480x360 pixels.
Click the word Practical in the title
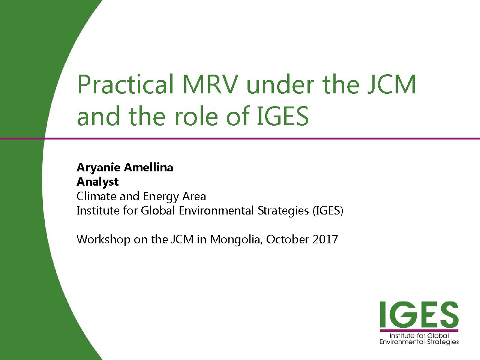pyautogui.click(x=126, y=84)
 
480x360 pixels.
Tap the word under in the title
pyautogui.click(x=280, y=84)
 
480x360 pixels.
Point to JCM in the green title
pyautogui.click(x=391, y=84)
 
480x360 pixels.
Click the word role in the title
pyautogui.click(x=196, y=116)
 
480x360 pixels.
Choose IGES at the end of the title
pyautogui.click(x=282, y=116)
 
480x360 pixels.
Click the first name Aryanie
pyautogui.click(x=98, y=168)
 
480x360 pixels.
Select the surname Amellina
pyautogui.click(x=149, y=167)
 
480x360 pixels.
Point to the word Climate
pyautogui.click(x=97, y=196)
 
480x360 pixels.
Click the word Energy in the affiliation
pyautogui.click(x=161, y=197)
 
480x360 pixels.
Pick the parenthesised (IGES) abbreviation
pyautogui.click(x=328, y=211)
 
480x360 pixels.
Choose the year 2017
pyautogui.click(x=325, y=239)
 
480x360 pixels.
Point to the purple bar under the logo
pyautogui.click(x=419, y=330)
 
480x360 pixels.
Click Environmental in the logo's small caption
pyautogui.click(x=402, y=342)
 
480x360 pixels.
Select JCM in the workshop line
pyautogui.click(x=182, y=239)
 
